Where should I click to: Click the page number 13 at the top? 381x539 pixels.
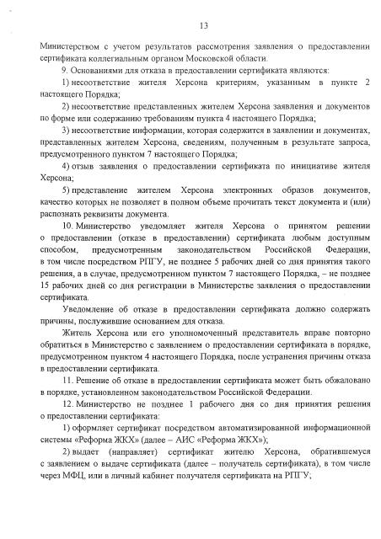190,24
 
